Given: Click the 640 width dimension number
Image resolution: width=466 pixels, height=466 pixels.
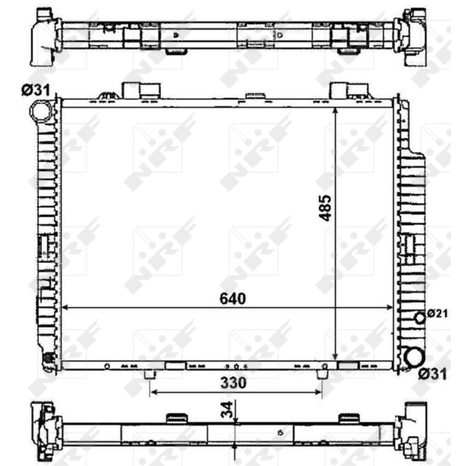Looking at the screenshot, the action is [x=232, y=299].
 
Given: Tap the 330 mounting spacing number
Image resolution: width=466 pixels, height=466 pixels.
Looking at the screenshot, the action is [x=234, y=383].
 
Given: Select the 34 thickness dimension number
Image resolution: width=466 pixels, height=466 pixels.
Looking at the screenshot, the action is [x=227, y=410].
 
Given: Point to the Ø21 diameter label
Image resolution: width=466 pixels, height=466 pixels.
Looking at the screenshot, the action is [x=437, y=313].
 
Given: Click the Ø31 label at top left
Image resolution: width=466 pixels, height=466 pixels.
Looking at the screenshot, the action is [x=36, y=90].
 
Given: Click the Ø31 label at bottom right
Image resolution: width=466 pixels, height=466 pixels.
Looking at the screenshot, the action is [x=432, y=374].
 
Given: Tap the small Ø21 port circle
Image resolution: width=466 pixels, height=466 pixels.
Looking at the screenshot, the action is [x=420, y=318].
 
